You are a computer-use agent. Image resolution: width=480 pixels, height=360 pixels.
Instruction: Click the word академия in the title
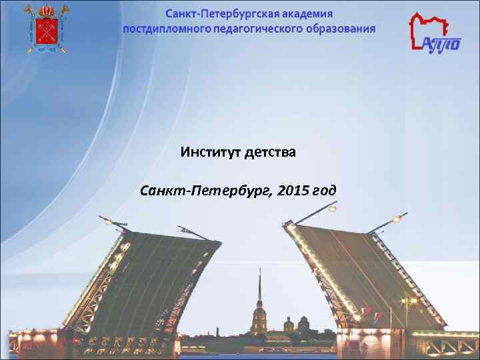coord(305,13)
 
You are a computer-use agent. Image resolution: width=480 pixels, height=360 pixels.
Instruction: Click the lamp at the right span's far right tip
coord(399,219)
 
